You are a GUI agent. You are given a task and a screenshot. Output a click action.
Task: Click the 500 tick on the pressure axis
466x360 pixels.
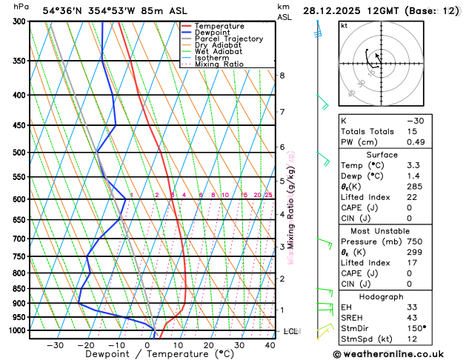16,153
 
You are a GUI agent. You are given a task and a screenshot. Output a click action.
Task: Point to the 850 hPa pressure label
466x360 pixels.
16,289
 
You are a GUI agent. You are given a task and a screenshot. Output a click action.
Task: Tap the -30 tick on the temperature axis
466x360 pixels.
56,344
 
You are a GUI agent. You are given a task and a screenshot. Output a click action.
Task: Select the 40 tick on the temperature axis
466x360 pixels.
270,344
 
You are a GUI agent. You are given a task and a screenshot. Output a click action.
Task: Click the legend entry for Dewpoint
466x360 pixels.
215,33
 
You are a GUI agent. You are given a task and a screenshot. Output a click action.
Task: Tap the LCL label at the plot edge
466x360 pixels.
290,331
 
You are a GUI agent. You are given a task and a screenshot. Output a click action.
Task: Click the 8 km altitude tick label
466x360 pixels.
282,76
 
